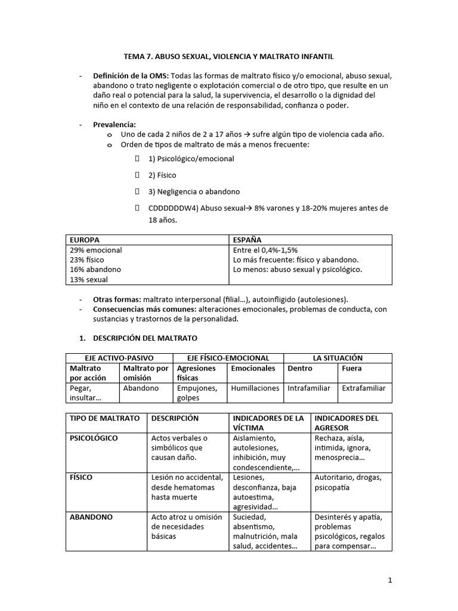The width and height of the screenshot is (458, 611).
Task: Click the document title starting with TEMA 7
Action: coord(228,56)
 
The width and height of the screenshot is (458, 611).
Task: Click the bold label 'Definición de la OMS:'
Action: coord(131,76)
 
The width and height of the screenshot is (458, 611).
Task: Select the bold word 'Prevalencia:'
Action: coord(114,125)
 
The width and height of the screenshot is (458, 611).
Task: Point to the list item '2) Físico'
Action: coord(162,175)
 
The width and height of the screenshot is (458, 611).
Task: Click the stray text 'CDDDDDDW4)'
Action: coord(174,208)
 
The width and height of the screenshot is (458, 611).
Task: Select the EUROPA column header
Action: coord(85,239)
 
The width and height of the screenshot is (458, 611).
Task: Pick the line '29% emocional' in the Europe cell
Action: coord(95,250)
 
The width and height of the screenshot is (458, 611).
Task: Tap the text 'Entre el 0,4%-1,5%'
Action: coord(265,250)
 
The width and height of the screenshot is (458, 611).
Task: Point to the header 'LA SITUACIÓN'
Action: coord(338,358)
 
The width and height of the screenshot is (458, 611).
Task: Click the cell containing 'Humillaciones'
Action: coord(255,388)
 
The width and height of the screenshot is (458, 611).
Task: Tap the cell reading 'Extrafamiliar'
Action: coord(363,388)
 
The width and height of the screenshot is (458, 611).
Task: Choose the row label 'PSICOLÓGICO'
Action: coord(94,438)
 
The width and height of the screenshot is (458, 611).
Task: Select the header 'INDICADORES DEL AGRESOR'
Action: coord(346,422)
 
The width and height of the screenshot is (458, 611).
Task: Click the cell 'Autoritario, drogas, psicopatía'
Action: coord(349,482)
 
